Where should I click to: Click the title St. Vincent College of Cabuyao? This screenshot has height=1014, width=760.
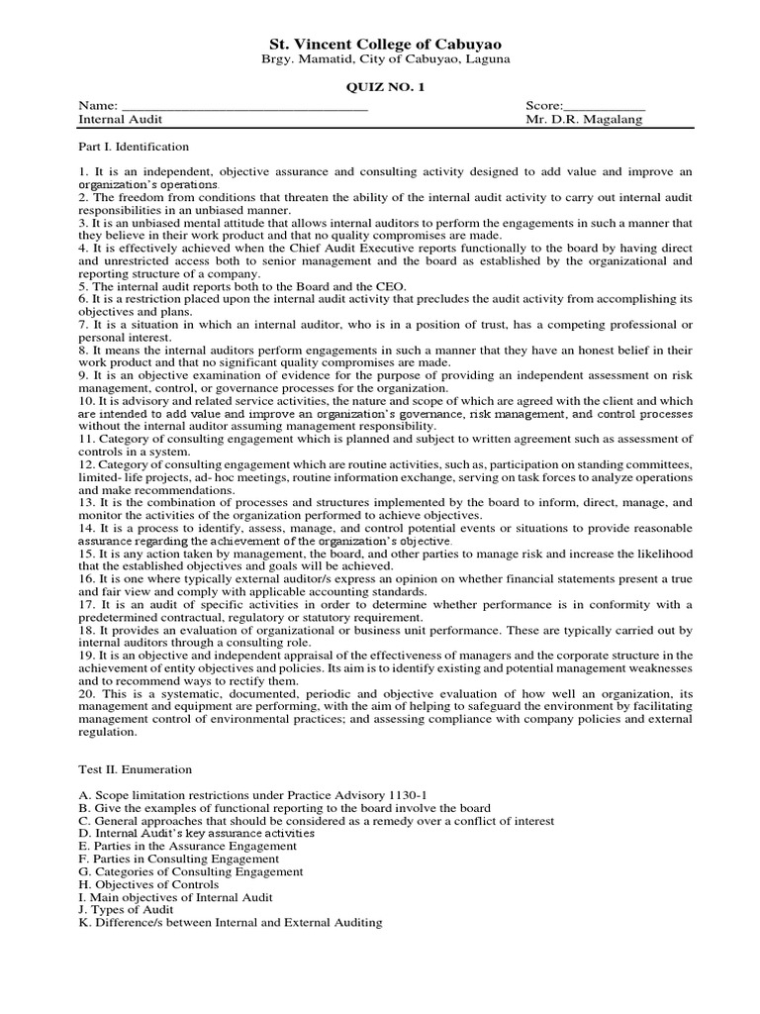[386, 45]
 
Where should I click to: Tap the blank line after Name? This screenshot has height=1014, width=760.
[243, 106]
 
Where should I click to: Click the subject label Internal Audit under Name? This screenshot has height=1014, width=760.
[119, 120]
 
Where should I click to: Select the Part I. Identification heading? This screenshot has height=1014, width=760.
[133, 147]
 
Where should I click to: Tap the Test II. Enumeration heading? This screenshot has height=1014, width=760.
[136, 768]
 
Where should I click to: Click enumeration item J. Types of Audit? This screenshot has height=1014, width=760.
[126, 910]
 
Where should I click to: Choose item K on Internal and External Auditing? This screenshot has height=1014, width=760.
[230, 923]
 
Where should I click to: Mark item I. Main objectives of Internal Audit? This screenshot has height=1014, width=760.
[175, 897]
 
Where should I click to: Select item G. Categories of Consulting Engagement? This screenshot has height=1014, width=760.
[190, 872]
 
